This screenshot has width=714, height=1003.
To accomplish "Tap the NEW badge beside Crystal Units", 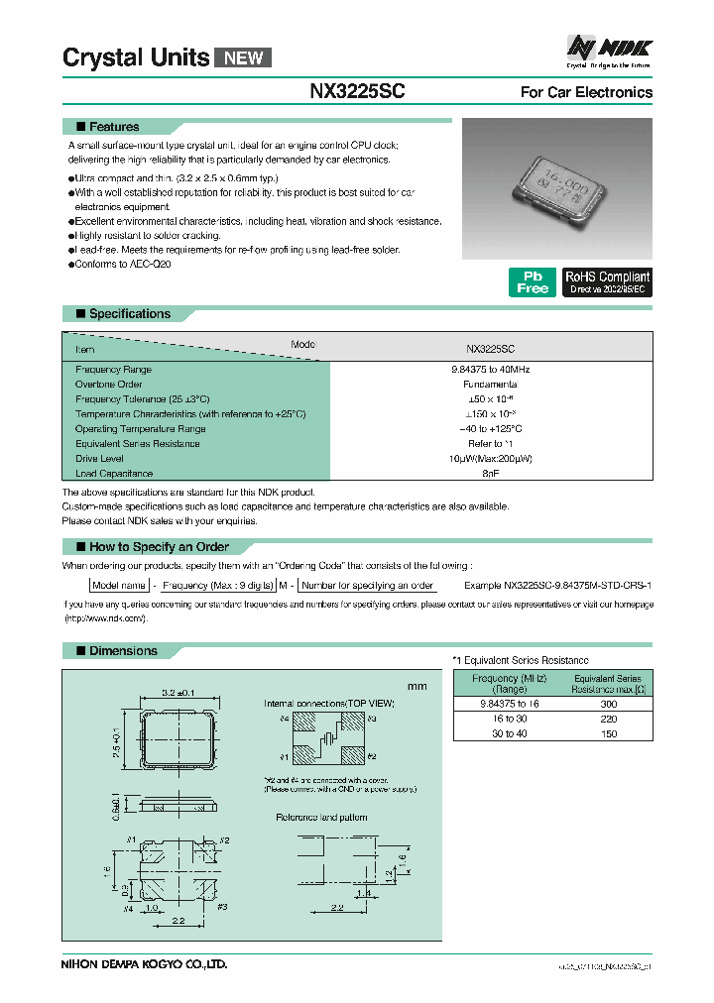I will [x=243, y=57].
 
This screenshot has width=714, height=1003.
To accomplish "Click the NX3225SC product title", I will [x=357, y=91].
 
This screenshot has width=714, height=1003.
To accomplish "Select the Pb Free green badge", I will [x=533, y=282].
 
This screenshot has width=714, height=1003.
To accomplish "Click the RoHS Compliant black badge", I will [x=607, y=282].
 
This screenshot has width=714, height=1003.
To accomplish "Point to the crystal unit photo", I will [x=558, y=189].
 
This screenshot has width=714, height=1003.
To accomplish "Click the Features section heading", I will [x=114, y=127].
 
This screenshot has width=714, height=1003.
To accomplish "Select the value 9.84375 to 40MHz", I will [x=490, y=369].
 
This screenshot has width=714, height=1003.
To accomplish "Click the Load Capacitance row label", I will [x=114, y=474].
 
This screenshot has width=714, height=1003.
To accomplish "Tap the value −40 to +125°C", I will [x=490, y=429].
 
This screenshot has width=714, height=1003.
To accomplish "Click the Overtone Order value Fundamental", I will [x=490, y=384].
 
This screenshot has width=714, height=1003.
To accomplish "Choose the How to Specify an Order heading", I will [x=159, y=547].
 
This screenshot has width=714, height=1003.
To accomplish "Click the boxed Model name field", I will [x=120, y=586].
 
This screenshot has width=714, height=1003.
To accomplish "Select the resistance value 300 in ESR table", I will [x=609, y=704].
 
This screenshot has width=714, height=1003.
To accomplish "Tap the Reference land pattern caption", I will [x=320, y=818].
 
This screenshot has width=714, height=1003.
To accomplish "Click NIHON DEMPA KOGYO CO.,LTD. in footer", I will [x=145, y=963].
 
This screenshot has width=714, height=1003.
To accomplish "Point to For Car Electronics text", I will [x=586, y=92].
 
